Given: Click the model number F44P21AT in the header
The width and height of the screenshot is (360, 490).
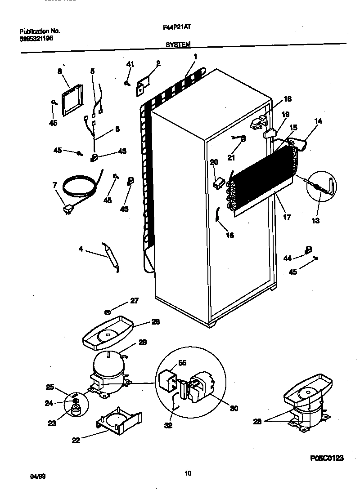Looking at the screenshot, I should [183, 27].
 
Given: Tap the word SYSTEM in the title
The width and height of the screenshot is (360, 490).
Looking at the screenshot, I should [178, 44].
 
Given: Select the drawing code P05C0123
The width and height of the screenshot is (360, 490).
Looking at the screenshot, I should [327, 458].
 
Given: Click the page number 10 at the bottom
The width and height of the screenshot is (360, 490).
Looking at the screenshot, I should [188, 472].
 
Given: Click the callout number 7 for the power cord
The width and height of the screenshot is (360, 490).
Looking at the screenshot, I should [54, 185].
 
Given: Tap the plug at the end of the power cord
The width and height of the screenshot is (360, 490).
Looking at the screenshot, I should [68, 209].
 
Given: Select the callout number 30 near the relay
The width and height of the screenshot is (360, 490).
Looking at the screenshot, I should [234, 408].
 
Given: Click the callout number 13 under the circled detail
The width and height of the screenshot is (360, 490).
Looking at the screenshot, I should [315, 220].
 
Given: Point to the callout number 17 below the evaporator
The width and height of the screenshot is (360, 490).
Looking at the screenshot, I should [287, 218].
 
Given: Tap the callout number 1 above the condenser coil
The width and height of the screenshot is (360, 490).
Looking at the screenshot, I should [195, 57].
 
